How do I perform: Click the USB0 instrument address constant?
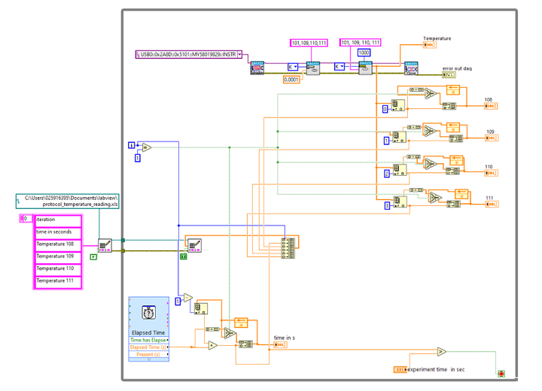coord(188,54)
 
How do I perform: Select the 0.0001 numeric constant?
coord(293,79)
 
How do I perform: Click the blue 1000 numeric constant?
coord(364,53)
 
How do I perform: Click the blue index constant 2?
coord(386,173)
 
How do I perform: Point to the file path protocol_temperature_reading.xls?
coord(69,200)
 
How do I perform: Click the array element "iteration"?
coord(57,219)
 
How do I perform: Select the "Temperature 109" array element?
coord(57,256)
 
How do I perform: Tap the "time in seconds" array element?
coord(57,232)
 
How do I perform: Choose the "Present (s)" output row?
coord(148,354)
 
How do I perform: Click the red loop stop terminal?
coord(501,373)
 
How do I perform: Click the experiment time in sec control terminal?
coord(400,369)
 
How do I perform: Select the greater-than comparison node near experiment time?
coord(442,351)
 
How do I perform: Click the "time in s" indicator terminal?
coord(279,345)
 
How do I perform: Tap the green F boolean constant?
coord(93,257)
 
